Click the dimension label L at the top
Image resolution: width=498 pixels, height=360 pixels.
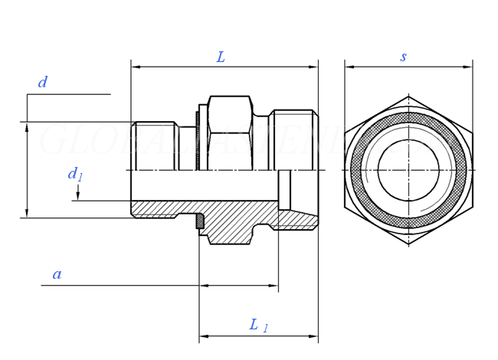221,57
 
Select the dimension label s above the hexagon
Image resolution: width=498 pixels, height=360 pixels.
404,57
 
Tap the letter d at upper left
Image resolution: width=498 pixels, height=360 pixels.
43,83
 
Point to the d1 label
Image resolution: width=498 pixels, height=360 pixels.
74,175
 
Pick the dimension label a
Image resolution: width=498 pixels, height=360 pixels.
57,274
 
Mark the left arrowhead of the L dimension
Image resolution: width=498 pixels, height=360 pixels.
136,67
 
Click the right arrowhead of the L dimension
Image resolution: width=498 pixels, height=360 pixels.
313,67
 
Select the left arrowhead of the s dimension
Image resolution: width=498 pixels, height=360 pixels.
349,67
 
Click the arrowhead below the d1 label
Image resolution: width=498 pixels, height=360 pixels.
77,197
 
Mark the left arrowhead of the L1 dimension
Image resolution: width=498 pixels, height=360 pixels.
204,335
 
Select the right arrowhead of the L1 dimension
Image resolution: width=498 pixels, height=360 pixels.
313,335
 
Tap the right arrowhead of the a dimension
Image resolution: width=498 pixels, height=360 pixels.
274,286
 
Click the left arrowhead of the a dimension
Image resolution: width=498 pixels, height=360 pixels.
204,286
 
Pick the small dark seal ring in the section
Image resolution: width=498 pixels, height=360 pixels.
200,221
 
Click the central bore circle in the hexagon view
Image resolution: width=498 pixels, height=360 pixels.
408,170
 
